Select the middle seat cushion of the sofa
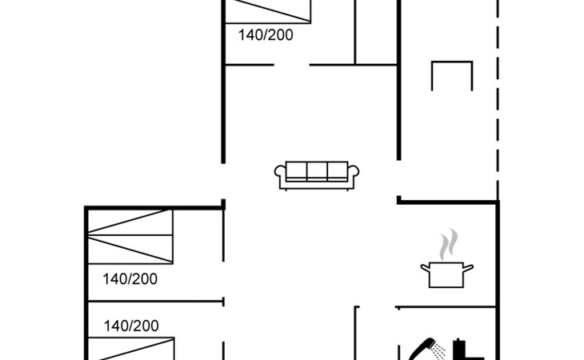click(x=317, y=170)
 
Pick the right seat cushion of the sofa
click(x=338, y=170)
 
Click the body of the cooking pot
click(x=446, y=275)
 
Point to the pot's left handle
click(x=425, y=267)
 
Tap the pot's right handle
click(x=468, y=267)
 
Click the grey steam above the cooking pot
click(x=449, y=244)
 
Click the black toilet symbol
click(x=468, y=350)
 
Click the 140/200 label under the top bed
click(x=266, y=35)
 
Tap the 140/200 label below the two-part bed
click(x=130, y=279)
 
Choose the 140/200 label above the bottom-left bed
click(x=131, y=326)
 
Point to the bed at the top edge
click(x=268, y=11)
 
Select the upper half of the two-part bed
click(x=130, y=222)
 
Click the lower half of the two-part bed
click(x=130, y=250)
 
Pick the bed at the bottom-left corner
click(x=131, y=349)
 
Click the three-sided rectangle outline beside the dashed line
click(x=452, y=62)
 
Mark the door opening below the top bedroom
click(x=292, y=65)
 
